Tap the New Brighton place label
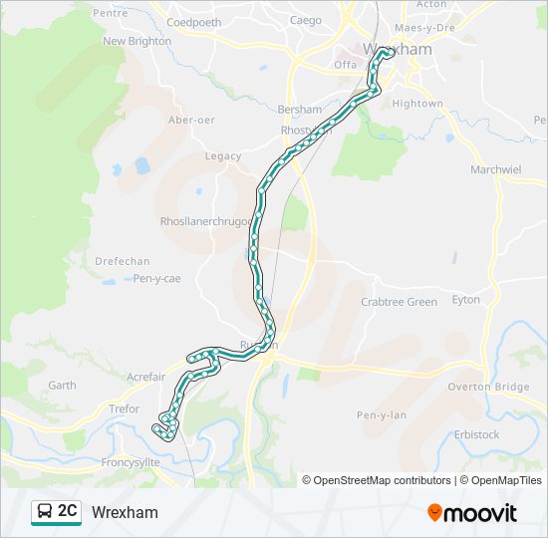[x=137, y=41]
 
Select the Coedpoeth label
[x=194, y=22]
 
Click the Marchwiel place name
[x=495, y=169]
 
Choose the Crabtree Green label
[x=399, y=302]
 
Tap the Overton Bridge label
[x=488, y=387]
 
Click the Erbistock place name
[x=476, y=434]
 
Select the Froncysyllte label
[x=131, y=462]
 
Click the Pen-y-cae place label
[x=156, y=279]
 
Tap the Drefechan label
[x=121, y=261]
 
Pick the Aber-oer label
[x=191, y=120]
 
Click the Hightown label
[x=417, y=104]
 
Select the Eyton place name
[x=465, y=299]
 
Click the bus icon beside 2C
[x=45, y=512]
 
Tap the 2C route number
[x=68, y=512]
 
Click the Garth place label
[x=62, y=385]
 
